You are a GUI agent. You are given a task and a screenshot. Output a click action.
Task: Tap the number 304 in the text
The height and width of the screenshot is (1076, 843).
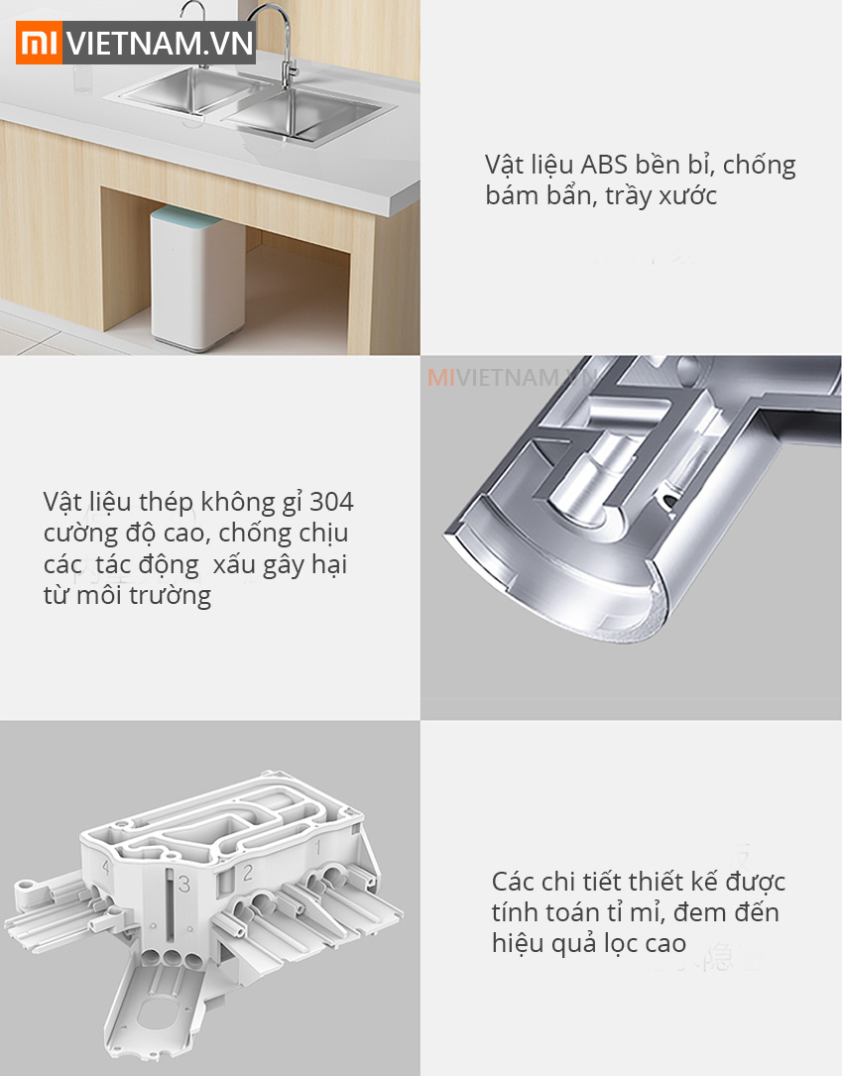click(331, 502)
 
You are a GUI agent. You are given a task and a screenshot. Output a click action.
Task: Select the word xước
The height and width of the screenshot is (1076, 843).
click(683, 196)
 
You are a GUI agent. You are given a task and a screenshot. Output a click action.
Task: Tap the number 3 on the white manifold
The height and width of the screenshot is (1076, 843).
click(182, 882)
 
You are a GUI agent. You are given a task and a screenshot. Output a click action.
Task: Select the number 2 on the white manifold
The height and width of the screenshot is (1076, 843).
click(249, 873)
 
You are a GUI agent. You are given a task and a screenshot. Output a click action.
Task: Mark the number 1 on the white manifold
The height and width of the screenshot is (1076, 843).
click(316, 849)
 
